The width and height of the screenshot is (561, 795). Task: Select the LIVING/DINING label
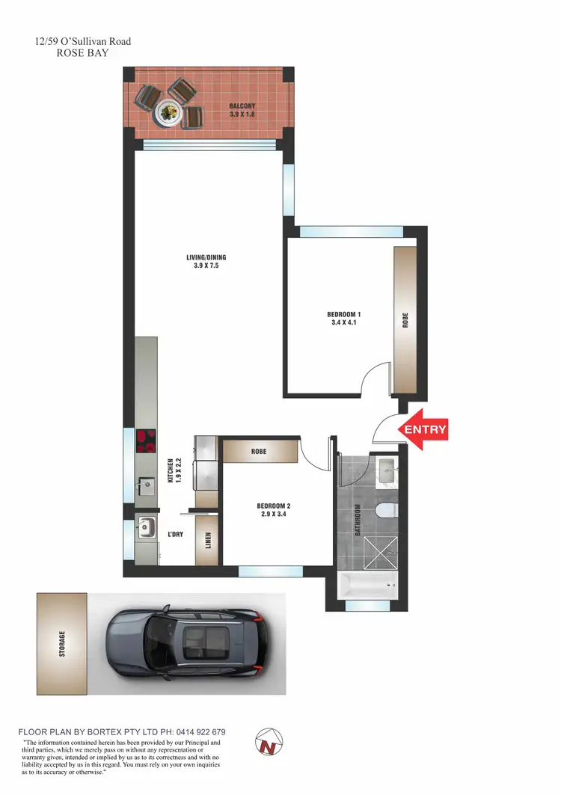coord(206,262)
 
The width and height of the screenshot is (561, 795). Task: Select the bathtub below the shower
coord(367,586)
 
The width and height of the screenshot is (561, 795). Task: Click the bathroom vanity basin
coord(387,470)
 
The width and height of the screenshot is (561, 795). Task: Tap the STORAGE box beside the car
coord(61,643)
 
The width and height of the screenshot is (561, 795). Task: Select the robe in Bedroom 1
coord(405,320)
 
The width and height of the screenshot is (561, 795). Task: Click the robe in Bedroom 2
coord(259,452)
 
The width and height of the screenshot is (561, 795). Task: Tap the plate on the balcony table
coord(167,112)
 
